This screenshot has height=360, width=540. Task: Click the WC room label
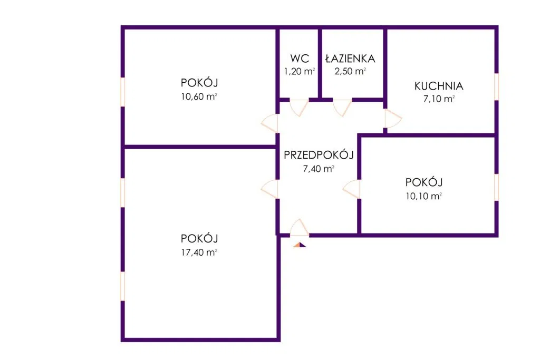pyautogui.click(x=299, y=59)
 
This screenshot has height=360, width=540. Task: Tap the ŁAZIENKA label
pyautogui.click(x=350, y=59)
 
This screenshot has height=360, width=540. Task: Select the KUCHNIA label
pyautogui.click(x=439, y=86)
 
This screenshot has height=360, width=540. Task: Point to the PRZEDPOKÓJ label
pyautogui.click(x=318, y=155)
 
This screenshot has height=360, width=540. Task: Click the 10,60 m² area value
pyautogui.click(x=199, y=96)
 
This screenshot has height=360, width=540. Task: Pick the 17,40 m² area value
pyautogui.click(x=199, y=252)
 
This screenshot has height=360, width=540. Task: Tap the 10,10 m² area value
pyautogui.click(x=423, y=196)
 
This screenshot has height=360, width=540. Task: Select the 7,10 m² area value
pyautogui.click(x=439, y=99)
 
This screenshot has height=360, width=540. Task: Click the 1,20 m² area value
pyautogui.click(x=299, y=72)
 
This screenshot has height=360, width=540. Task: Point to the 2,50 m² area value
pyautogui.click(x=350, y=72)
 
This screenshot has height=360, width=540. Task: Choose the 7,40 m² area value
pyautogui.click(x=318, y=169)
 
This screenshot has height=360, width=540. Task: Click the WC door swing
pyautogui.click(x=299, y=107)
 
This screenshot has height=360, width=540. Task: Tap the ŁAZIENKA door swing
pyautogui.click(x=342, y=107)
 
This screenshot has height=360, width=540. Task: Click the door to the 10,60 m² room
pyautogui.click(x=269, y=123)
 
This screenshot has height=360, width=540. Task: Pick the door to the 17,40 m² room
pyautogui.click(x=270, y=189)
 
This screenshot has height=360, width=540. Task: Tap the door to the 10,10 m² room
pyautogui.click(x=351, y=189)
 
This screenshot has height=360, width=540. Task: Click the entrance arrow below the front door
pyautogui.click(x=299, y=244)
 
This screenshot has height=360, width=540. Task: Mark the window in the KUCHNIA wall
pyautogui.click(x=496, y=86)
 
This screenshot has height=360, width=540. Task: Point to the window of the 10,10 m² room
pyautogui.click(x=496, y=187)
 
